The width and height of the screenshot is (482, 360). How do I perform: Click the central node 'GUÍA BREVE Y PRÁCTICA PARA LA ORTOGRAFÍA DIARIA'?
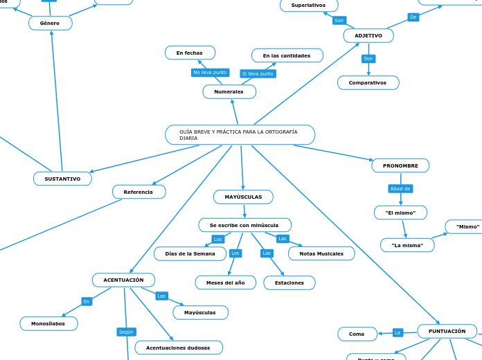[240, 134]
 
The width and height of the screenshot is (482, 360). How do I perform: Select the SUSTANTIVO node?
[62, 179]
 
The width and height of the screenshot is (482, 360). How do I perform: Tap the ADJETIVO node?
[368, 35]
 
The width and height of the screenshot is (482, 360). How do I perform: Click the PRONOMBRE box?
[400, 165]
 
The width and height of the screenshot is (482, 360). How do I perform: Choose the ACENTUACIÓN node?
[123, 280]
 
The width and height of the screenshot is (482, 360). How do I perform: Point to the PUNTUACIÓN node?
[447, 331]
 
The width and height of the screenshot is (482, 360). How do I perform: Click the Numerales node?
[229, 91]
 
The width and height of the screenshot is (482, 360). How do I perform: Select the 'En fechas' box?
[190, 53]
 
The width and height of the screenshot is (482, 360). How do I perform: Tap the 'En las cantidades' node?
[287, 55]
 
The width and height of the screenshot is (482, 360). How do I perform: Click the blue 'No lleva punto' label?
[210, 72]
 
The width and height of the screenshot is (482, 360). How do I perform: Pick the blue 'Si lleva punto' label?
[258, 73]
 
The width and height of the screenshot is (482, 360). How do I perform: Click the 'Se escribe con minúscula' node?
[244, 225]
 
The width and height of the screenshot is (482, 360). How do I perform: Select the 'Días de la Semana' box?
[190, 253]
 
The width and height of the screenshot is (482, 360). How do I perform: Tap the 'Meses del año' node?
[225, 282]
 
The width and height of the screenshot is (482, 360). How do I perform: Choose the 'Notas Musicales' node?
[321, 253]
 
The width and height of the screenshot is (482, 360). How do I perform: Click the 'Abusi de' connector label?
[400, 188]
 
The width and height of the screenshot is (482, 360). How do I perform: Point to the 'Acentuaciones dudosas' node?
[179, 348]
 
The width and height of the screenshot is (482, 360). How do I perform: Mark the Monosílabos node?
[48, 323]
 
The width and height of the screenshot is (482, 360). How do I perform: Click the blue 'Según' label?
[126, 332]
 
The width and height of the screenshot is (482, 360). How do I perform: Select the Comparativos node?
[368, 82]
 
